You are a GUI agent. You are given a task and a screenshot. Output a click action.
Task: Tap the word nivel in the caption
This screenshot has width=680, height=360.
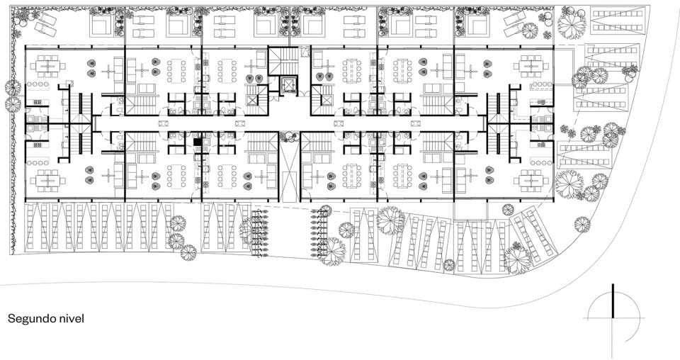[x=72, y=318]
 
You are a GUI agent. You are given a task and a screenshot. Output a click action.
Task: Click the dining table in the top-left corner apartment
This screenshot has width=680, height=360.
[x=47, y=67]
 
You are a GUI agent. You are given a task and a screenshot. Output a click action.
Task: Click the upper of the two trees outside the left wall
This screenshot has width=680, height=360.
[x=13, y=87]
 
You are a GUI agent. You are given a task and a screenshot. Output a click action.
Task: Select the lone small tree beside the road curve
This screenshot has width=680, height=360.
[x=582, y=224]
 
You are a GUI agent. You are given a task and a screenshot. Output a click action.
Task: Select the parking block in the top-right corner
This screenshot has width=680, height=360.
[x=618, y=20]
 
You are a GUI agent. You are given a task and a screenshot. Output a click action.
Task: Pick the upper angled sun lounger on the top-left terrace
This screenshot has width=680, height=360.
[x=45, y=18]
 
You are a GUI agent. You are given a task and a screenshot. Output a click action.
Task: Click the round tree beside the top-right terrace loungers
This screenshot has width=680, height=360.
[x=530, y=30]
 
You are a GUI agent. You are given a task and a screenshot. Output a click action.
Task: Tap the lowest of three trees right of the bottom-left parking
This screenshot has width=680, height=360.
[x=188, y=252]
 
